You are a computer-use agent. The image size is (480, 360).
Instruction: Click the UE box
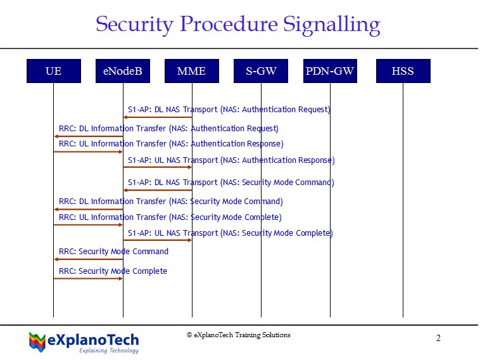(x=54, y=71)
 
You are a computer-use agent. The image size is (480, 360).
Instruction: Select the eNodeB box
(x=123, y=71)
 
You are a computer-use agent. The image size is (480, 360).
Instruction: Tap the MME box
(x=192, y=71)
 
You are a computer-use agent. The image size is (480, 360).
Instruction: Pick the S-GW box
(x=261, y=71)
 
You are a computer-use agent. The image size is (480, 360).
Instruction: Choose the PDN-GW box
(x=330, y=71)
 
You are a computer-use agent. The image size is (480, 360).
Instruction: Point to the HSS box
(x=403, y=71)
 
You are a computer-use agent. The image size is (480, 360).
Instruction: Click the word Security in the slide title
(x=135, y=25)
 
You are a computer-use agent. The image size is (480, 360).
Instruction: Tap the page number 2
(x=438, y=338)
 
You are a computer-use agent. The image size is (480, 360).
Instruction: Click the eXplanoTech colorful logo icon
(x=37, y=342)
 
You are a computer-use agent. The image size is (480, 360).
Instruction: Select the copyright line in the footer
(x=239, y=335)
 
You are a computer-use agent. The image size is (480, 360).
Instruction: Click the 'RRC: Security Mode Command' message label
(x=113, y=252)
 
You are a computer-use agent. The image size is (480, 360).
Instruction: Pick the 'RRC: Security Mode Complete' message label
(x=113, y=271)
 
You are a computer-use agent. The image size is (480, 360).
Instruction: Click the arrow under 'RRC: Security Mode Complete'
(x=88, y=278)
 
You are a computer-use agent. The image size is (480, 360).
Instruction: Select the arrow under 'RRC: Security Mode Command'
(x=89, y=259)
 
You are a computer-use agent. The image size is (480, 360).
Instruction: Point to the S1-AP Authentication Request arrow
(x=158, y=117)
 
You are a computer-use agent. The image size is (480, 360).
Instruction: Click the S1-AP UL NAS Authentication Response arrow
(x=157, y=167)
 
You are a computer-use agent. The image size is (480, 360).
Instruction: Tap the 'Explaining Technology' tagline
(x=109, y=350)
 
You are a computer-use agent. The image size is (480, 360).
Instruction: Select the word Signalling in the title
(x=332, y=25)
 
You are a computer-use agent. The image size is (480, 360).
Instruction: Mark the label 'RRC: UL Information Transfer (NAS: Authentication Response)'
(x=171, y=144)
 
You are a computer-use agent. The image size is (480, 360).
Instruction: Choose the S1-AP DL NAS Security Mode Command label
(x=231, y=183)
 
